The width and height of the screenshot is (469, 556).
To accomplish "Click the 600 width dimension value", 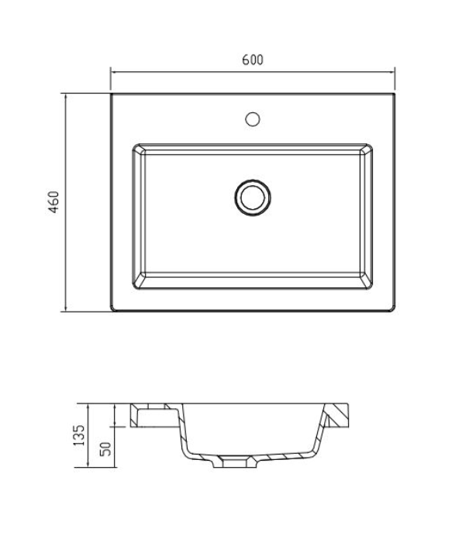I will [x=253, y=60].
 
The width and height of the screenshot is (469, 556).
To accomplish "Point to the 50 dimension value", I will [x=105, y=447].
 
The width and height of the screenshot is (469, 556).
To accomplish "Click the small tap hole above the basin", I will [x=252, y=119].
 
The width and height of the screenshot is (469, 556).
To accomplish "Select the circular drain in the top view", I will [x=252, y=197].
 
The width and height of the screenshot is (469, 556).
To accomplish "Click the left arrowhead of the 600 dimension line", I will [x=113, y=71].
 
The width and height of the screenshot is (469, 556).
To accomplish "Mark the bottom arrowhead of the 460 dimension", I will [x=65, y=309].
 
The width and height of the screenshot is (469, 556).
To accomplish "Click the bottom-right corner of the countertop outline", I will [x=394, y=311].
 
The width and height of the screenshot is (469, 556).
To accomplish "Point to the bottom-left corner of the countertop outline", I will [x=112, y=311].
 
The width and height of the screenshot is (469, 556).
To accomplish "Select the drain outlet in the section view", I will [x=236, y=464].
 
